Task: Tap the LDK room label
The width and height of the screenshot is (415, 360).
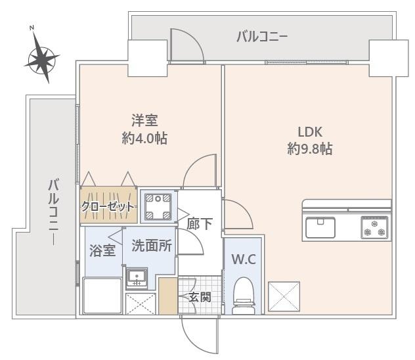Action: (x=309, y=131)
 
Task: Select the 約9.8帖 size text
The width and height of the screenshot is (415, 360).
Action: (x=309, y=149)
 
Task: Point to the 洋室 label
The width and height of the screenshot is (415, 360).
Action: (x=144, y=120)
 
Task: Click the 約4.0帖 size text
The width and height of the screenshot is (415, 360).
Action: (x=144, y=138)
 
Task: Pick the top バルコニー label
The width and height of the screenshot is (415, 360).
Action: (x=261, y=37)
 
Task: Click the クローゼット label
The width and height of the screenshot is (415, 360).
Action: (x=108, y=206)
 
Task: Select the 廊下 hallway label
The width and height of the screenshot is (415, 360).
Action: (x=200, y=224)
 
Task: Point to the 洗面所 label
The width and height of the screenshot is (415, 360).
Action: (x=152, y=246)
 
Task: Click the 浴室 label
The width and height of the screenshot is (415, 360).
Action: (x=103, y=250)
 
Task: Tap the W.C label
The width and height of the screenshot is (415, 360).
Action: (x=243, y=259)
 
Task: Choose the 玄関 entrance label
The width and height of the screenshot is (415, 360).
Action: (x=200, y=297)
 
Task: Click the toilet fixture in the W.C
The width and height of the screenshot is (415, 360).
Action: (x=244, y=293)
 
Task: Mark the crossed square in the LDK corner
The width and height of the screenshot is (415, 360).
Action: (x=284, y=297)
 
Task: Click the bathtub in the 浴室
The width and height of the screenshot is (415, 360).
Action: (x=102, y=296)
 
